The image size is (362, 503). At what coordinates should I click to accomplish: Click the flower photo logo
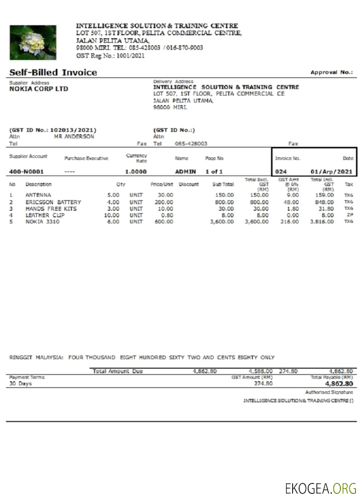click(33, 42)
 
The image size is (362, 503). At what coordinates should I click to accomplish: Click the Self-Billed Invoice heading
click(53, 72)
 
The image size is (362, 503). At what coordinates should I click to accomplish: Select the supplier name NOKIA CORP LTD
click(39, 89)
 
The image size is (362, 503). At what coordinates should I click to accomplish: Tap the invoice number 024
click(281, 172)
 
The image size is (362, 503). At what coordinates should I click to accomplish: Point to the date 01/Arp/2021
click(332, 172)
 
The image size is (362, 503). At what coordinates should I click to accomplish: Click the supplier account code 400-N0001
click(26, 172)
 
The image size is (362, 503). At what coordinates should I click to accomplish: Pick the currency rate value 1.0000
click(136, 172)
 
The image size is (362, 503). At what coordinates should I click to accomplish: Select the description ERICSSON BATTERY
click(53, 202)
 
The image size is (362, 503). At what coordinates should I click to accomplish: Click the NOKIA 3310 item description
click(43, 222)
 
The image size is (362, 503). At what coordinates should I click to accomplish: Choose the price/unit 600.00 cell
click(164, 222)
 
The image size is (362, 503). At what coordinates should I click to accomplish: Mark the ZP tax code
click(348, 215)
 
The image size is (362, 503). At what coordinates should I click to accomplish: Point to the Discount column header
click(189, 185)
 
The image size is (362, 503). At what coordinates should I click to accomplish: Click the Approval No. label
click(331, 72)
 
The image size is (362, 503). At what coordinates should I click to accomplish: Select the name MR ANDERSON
click(73, 136)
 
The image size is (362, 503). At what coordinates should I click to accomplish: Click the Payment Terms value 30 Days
click(21, 384)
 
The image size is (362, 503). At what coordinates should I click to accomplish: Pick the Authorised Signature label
click(329, 392)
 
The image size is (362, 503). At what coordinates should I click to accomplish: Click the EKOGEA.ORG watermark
click(320, 488)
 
